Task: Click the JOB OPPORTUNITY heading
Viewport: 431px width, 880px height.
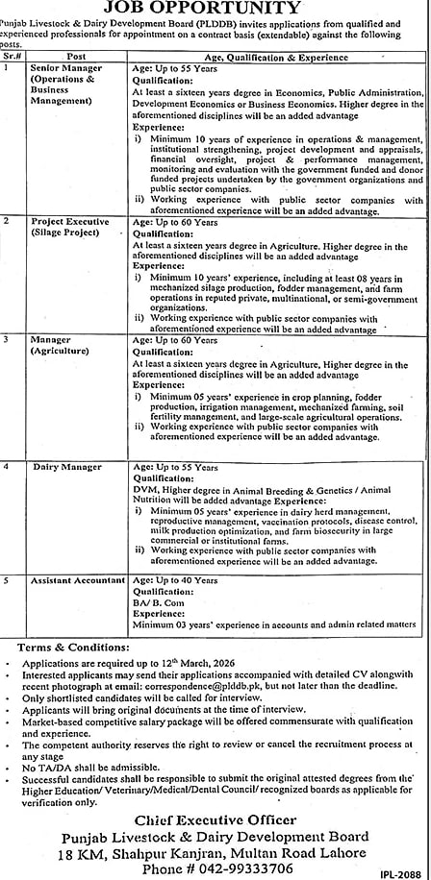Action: point(215,9)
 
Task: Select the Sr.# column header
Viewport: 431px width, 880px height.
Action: point(14,57)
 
